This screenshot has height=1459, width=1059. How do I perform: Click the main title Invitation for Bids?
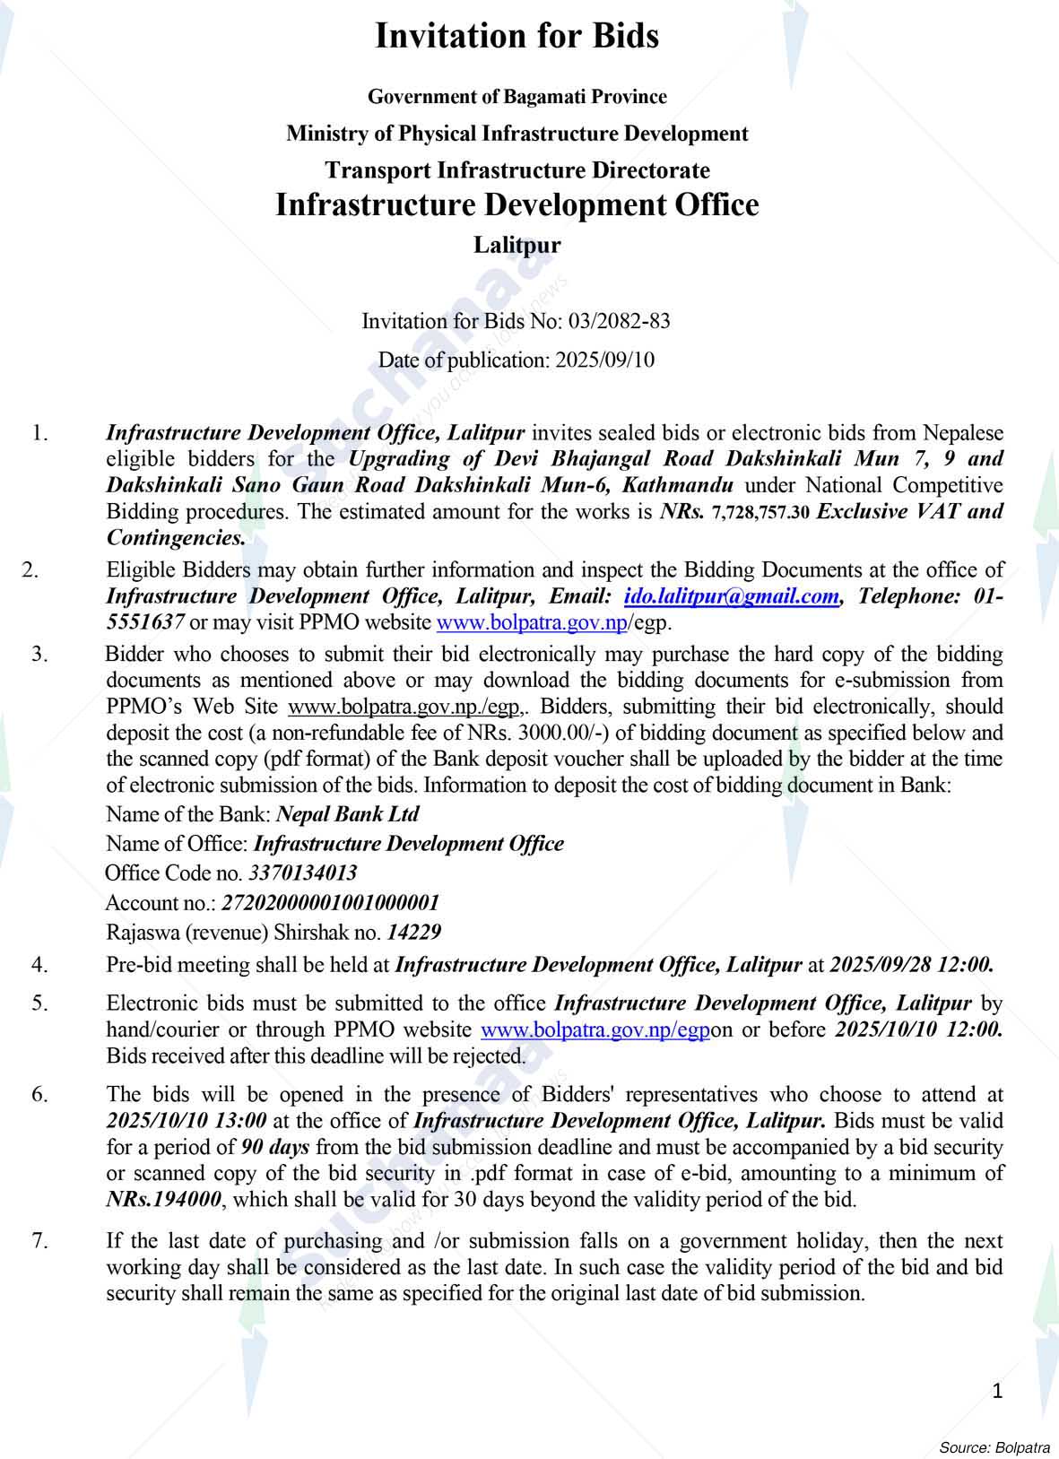[x=516, y=37]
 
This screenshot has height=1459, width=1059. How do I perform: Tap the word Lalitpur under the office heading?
[x=516, y=245]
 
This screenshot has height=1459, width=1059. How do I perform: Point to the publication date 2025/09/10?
[x=604, y=360]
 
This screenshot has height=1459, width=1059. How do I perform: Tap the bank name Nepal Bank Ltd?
[x=348, y=814]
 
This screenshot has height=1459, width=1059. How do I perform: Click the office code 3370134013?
[x=302, y=873]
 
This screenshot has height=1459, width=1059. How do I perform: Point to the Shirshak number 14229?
[x=413, y=932]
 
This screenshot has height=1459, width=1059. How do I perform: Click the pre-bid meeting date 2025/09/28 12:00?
[x=911, y=965]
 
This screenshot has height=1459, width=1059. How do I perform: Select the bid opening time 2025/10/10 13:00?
[x=187, y=1120]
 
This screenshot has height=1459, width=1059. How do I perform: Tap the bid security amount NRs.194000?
[x=163, y=1199]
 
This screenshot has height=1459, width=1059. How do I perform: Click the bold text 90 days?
[x=276, y=1147]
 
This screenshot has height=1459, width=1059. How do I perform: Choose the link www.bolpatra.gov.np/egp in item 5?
[x=595, y=1029]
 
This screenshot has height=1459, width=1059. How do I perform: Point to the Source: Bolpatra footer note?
[x=994, y=1447]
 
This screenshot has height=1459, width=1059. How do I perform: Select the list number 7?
[x=40, y=1242]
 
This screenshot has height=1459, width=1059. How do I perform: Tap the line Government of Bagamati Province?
[x=516, y=97]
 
